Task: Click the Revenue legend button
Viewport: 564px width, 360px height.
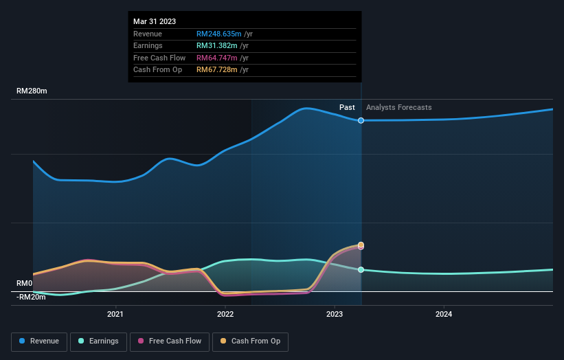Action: point(40,341)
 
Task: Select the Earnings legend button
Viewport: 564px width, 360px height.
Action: point(98,341)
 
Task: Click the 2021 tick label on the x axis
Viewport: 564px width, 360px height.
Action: point(115,315)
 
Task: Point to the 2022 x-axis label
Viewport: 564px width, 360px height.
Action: point(225,315)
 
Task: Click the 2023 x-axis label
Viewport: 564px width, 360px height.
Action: point(335,315)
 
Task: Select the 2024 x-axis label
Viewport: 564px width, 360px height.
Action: point(444,315)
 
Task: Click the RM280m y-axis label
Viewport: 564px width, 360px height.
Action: point(32,91)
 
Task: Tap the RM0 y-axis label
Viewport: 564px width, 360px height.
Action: point(25,283)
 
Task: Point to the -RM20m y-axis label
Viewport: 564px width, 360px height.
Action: point(31,297)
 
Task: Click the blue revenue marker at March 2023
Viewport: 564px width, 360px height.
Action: point(361,120)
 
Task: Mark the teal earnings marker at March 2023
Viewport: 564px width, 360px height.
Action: point(361,269)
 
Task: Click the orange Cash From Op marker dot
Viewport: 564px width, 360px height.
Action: point(361,245)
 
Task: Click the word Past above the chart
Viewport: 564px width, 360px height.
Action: point(347,107)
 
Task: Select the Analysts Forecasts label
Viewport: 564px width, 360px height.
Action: point(399,107)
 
